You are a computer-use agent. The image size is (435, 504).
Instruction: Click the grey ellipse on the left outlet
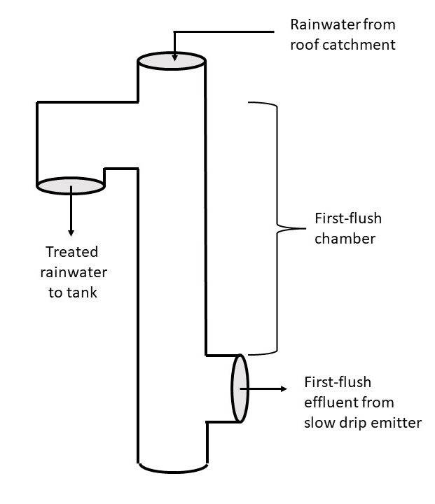point(71,185)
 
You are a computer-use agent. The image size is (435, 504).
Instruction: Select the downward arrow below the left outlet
point(71,213)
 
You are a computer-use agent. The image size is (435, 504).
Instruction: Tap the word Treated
point(71,253)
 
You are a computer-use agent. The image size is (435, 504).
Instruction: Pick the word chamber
point(345,239)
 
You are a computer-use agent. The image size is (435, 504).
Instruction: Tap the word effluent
point(331,402)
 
